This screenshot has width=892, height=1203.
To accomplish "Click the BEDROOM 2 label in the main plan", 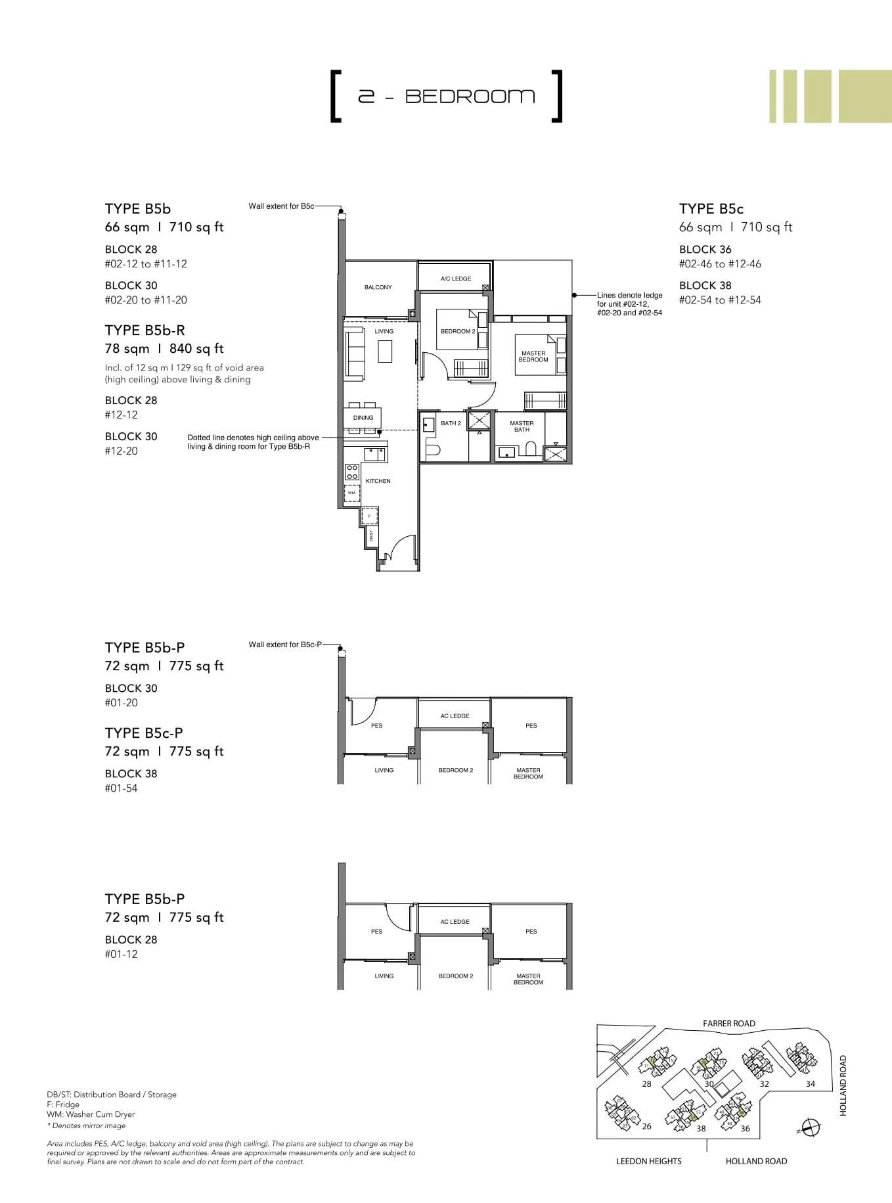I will (x=457, y=331).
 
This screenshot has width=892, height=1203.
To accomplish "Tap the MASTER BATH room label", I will (x=522, y=426).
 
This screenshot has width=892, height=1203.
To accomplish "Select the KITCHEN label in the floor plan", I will (x=378, y=481).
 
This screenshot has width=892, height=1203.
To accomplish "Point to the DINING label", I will (x=363, y=418).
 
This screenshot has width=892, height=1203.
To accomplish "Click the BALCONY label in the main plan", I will (x=378, y=287).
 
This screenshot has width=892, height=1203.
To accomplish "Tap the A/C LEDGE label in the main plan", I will (x=456, y=279).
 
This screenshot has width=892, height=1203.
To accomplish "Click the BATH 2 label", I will (x=451, y=423).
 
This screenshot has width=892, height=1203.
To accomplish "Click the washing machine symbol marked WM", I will (x=351, y=493).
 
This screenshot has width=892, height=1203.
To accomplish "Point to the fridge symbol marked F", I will (x=369, y=516).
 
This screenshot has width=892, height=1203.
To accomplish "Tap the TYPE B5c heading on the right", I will (x=711, y=209).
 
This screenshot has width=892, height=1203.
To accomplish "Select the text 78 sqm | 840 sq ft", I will (x=164, y=349).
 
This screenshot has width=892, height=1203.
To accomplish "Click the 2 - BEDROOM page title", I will (x=446, y=97).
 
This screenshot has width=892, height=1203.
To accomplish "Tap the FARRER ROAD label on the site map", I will (x=728, y=1023).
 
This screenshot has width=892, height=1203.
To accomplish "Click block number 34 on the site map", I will (x=810, y=1083).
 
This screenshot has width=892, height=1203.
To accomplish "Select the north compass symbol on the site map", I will (x=812, y=1128).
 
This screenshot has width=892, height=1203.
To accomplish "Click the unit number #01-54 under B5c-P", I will (x=122, y=788).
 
